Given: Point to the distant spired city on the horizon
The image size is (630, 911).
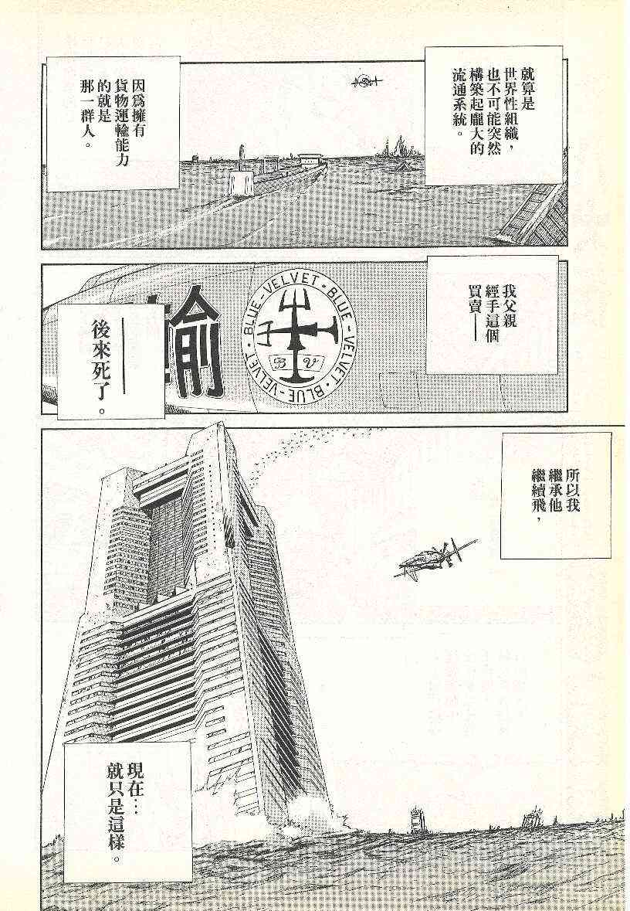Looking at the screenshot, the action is (398, 147).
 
